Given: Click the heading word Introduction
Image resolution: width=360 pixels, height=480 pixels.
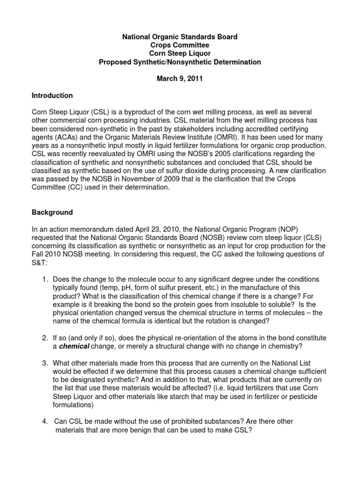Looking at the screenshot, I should tap(52, 96).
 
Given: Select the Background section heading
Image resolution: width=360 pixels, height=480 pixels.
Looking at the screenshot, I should tap(52, 212).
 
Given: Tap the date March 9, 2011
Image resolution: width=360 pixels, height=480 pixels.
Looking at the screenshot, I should tap(180, 79).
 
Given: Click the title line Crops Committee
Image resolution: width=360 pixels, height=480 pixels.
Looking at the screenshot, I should tap(180, 45).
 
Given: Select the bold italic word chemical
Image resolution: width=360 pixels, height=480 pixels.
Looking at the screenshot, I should tap(74, 346).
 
